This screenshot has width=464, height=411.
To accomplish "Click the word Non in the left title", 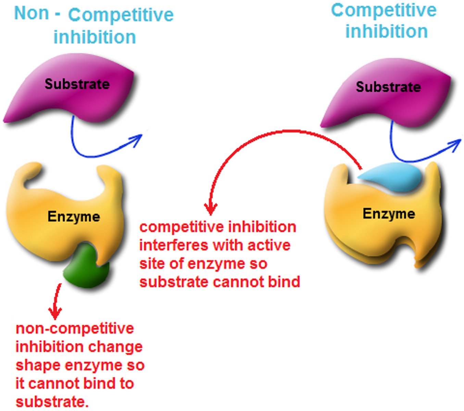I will click(32, 13).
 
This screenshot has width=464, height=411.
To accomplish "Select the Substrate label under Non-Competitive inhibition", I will click(77, 84).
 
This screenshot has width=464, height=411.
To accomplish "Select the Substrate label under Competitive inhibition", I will click(388, 87).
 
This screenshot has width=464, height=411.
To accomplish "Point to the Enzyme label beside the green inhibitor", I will click(74, 216).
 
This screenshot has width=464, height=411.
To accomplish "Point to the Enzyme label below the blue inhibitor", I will click(389, 214).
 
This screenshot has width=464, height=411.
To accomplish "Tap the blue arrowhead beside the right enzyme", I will click(457, 144).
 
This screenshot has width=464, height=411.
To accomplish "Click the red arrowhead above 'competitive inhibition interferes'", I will click(211, 208).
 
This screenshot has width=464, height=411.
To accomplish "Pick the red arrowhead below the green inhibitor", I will click(55, 312).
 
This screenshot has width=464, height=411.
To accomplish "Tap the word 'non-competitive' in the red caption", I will click(75, 328).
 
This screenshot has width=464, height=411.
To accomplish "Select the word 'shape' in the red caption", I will click(38, 365).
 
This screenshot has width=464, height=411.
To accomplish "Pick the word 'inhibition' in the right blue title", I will click(386, 32).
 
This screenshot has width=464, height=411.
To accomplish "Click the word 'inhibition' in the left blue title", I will click(95, 37).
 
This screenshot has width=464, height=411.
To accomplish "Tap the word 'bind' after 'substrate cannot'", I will click(285, 282).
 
